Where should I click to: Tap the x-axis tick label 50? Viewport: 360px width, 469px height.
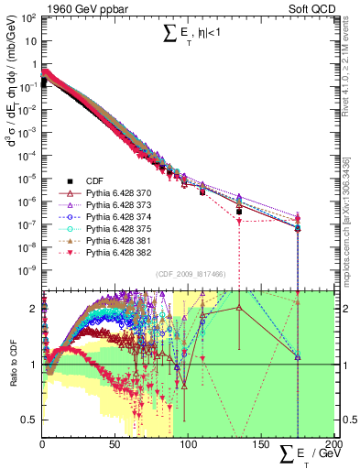(114, 444)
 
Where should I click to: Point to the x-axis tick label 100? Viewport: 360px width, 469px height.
(188, 444)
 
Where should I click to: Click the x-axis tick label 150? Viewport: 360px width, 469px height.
(260, 444)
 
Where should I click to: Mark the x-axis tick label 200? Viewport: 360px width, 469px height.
(331, 444)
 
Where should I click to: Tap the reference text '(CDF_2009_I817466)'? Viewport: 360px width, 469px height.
(192, 274)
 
